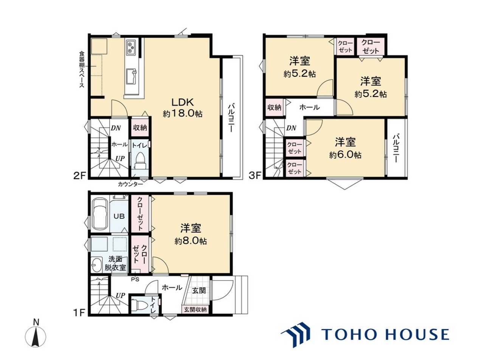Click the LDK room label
182,102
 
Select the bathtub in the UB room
99,214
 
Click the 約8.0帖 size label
191,241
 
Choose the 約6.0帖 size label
345,155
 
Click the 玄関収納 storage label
195,309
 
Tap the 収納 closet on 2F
140,128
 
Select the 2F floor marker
79,176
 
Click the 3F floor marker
255,175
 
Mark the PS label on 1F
135,279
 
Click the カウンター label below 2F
130,184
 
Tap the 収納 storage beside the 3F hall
275,107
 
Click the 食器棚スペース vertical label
82,70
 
